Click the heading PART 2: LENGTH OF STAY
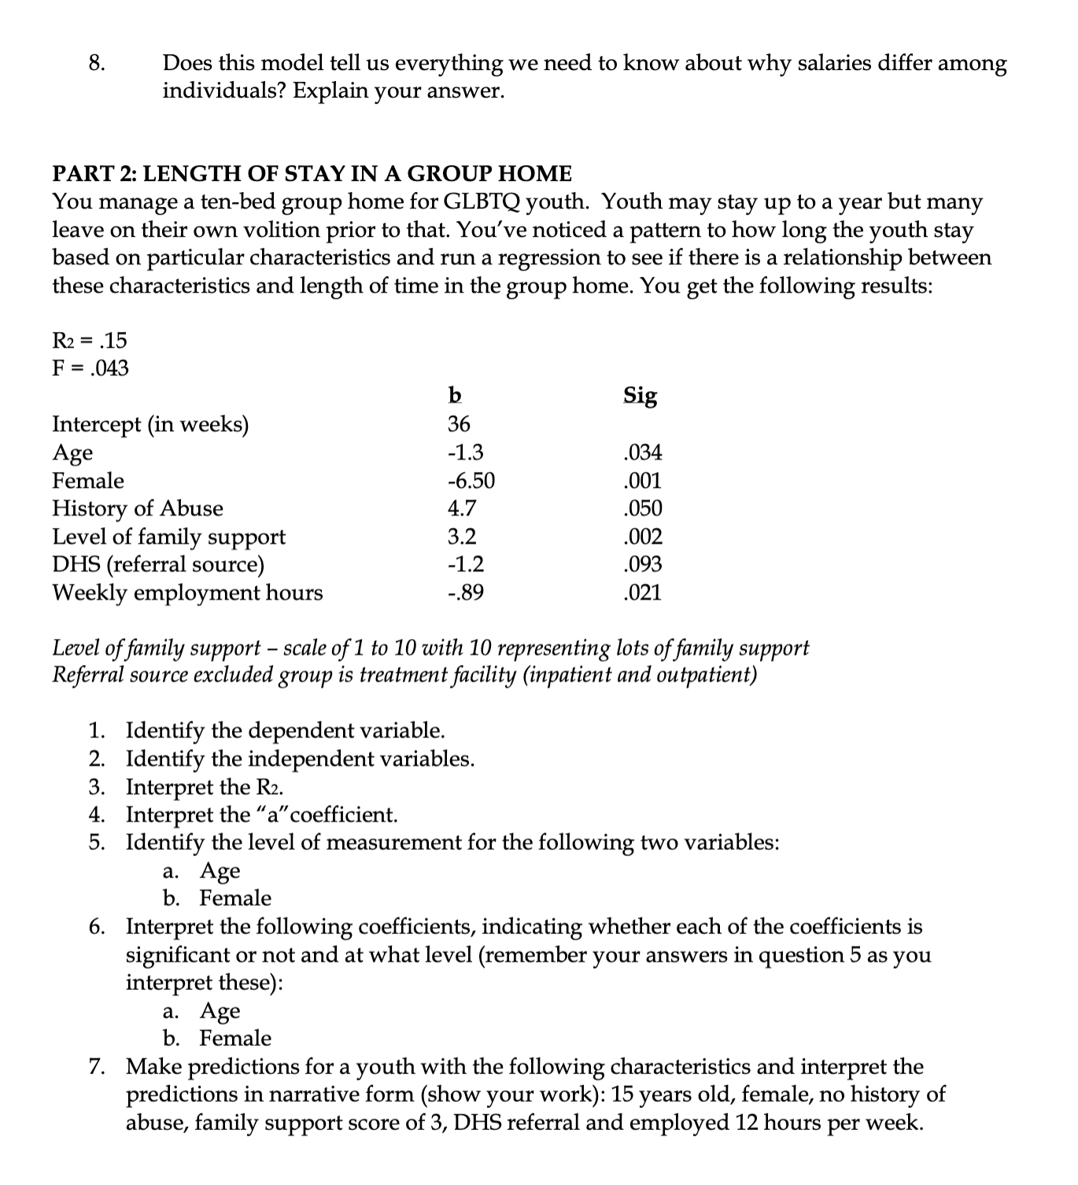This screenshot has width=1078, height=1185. (x=312, y=173)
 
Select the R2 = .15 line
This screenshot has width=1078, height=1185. (x=89, y=340)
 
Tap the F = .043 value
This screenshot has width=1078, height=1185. (x=90, y=367)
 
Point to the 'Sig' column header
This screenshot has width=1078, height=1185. (x=640, y=395)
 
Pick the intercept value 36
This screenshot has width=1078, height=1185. (x=459, y=424)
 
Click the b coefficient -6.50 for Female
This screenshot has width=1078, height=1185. (x=471, y=480)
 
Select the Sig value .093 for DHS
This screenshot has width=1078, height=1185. (x=642, y=564)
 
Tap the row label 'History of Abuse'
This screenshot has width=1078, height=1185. (x=138, y=508)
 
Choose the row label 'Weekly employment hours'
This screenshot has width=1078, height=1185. (x=187, y=592)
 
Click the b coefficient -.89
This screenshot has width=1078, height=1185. (x=465, y=592)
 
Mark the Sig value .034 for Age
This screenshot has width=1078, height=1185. (x=642, y=452)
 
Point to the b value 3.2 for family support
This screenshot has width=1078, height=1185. (x=462, y=537)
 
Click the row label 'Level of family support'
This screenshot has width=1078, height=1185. (x=168, y=537)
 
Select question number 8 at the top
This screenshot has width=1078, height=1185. (x=98, y=63)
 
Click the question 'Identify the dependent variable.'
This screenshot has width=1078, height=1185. (x=286, y=730)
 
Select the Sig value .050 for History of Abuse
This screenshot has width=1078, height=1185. (x=642, y=508)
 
